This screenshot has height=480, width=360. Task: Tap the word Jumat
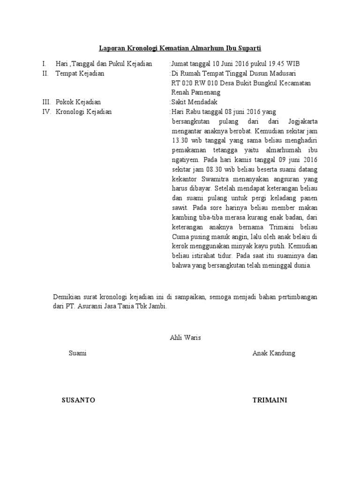point(180,64)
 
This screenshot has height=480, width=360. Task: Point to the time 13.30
point(180,140)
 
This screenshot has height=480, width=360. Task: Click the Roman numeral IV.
point(46,112)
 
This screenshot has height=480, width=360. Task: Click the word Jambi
point(156,306)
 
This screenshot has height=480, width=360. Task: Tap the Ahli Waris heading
point(185,338)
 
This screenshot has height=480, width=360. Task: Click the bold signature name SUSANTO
point(78,400)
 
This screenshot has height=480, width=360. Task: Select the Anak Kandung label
point(274,353)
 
